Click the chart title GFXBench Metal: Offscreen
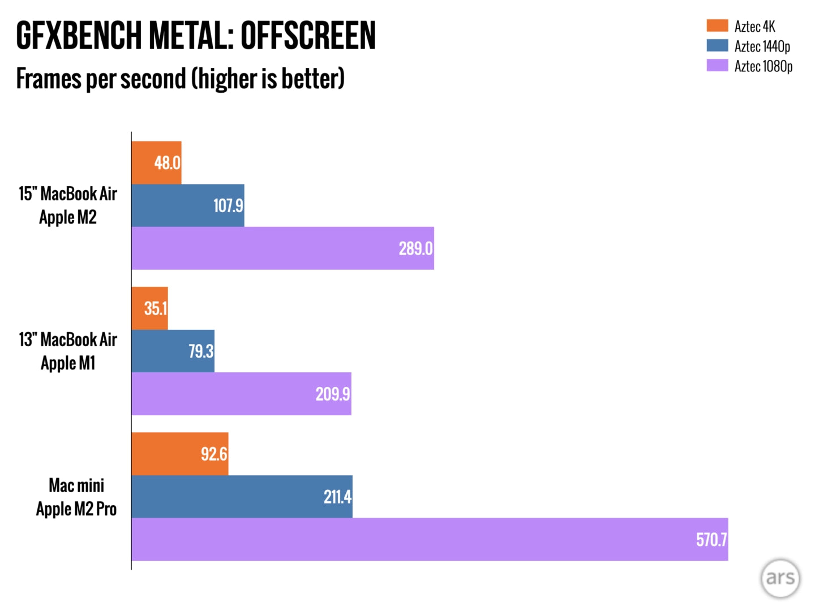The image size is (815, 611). tap(196, 35)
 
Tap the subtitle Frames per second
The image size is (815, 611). tap(180, 79)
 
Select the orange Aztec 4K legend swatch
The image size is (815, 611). tap(717, 25)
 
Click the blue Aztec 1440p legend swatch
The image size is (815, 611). tap(717, 45)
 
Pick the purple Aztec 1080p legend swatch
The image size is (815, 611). tap(717, 66)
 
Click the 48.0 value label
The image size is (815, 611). tap(167, 163)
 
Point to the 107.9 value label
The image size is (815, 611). tap(228, 205)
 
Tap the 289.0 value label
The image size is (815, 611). tap(415, 248)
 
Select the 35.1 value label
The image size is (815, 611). tap(155, 308)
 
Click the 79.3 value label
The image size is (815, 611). tap(201, 351)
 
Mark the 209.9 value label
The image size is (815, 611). tap(333, 394)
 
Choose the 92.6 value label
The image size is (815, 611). tap(214, 454)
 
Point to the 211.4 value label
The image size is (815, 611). tap(337, 497)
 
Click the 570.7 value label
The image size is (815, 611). tap(711, 540)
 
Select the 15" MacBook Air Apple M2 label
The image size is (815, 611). tap(68, 205)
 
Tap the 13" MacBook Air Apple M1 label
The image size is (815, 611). tap(68, 351)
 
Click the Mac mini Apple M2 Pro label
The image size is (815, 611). tap(76, 497)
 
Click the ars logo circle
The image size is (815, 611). tap(780, 578)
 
